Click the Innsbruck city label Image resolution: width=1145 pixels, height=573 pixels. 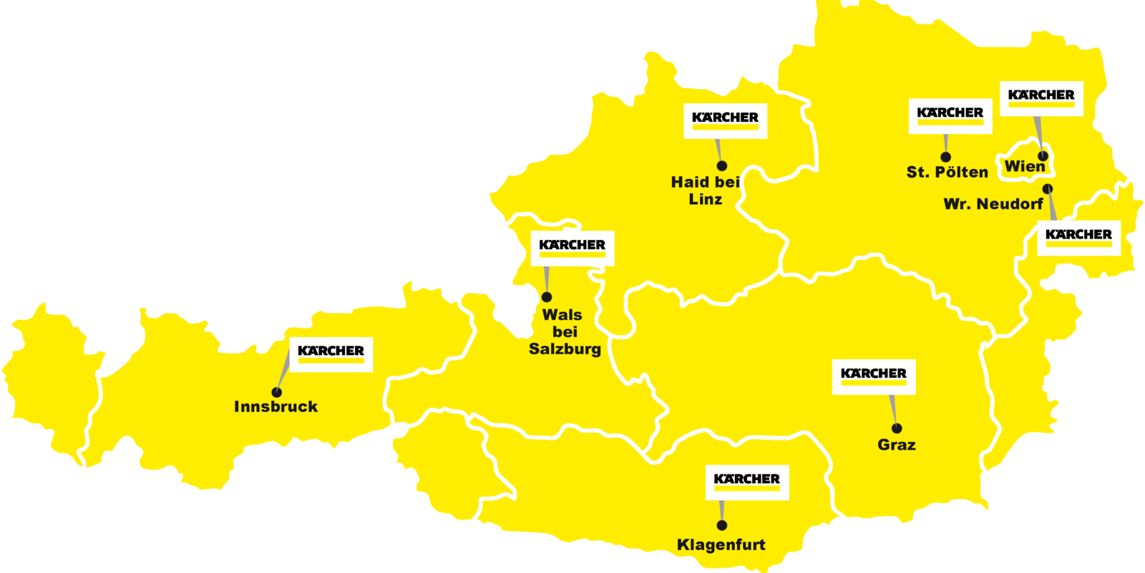tap(276, 407)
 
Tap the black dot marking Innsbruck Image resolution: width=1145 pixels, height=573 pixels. tap(277, 393)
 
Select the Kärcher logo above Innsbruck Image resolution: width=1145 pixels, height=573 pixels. tap(331, 354)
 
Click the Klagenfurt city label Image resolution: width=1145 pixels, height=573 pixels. tap(721, 545)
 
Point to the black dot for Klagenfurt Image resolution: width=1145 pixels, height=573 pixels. tap(722, 526)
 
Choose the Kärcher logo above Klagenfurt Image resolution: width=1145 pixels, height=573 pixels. tap(746, 482)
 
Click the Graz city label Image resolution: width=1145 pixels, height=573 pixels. tap(896, 445)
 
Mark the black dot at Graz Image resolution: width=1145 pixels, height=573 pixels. tap(897, 428)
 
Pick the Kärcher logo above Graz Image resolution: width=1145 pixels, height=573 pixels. tap(873, 376)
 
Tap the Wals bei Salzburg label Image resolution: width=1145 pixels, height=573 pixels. tap(565, 332)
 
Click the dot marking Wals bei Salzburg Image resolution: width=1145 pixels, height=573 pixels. tap(547, 297)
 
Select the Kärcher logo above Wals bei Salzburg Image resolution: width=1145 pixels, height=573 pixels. tap(572, 248)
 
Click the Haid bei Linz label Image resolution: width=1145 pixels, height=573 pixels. tap(705, 191)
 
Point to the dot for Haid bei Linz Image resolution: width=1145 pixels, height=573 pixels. tap(722, 166)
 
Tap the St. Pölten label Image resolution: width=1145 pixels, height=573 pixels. tap(947, 173)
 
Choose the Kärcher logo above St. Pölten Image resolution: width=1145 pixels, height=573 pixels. tap(950, 115)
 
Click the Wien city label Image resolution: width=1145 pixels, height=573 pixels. tap(1025, 167)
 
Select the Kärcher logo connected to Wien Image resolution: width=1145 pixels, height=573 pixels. tap(1041, 97)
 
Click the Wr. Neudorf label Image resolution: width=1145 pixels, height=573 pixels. tap(993, 204)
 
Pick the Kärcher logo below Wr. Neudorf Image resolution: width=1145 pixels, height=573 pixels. tap(1078, 237)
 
